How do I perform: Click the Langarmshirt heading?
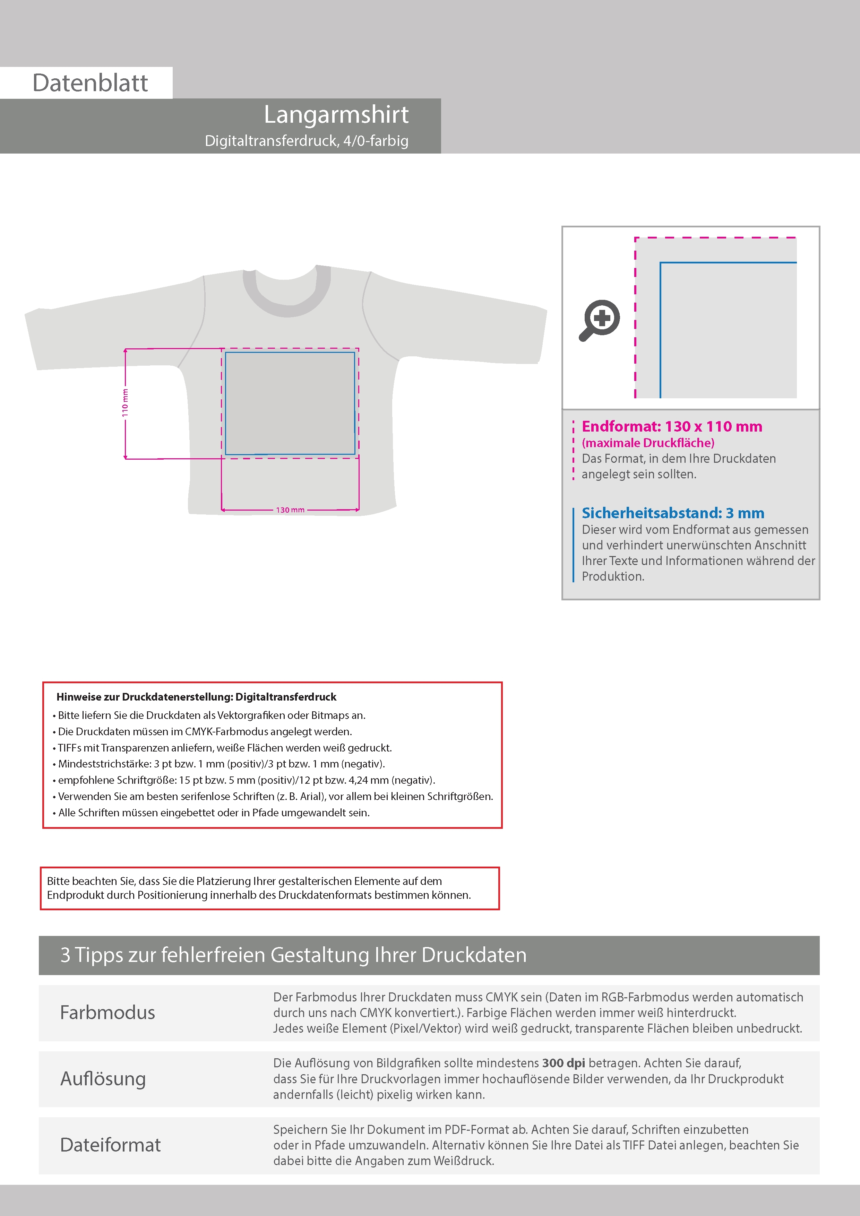336,114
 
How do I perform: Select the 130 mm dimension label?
290,510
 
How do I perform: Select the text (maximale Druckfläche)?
647,443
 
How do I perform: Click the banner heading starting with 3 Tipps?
293,955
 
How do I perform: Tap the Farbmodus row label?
108,1013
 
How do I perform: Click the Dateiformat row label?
110,1145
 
